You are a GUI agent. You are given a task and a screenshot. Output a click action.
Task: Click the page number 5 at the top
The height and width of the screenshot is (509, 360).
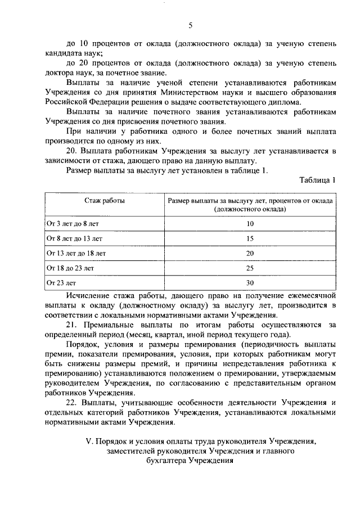[x=190, y=25]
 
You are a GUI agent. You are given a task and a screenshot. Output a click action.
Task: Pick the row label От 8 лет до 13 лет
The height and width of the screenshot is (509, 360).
[x=74, y=238]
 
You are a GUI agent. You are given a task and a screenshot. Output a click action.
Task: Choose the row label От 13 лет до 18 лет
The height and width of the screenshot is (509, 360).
[x=76, y=253]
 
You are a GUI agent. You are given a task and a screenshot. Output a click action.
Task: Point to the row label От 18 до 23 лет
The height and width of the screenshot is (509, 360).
[x=70, y=268]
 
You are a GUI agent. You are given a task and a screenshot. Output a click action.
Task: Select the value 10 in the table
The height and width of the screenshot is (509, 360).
[x=250, y=224]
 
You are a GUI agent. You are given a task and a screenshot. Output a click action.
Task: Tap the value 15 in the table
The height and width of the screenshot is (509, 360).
[x=250, y=238]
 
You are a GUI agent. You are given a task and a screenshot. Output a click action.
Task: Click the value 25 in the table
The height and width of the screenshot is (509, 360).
[x=250, y=268]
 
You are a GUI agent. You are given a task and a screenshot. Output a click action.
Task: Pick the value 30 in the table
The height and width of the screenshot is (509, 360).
[x=250, y=282]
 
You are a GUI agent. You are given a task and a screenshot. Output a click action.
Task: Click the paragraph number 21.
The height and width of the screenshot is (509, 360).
[x=71, y=325]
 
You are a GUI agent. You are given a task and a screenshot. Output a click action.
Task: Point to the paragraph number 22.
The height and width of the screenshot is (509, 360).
[x=71, y=402]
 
